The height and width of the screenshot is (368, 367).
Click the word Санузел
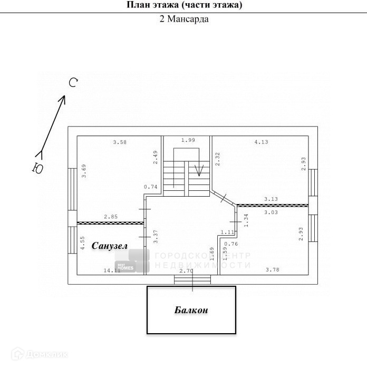(x=110, y=246)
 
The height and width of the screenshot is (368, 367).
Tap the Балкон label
(x=191, y=310)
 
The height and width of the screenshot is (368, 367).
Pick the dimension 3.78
(x=273, y=270)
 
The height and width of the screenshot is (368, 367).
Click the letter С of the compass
(x=74, y=82)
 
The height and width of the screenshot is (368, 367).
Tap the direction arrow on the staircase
(x=199, y=170)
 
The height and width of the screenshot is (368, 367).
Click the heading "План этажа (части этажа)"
(x=184, y=5)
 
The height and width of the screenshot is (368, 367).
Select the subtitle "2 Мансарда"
(x=184, y=20)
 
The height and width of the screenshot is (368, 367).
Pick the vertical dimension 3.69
(x=83, y=172)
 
